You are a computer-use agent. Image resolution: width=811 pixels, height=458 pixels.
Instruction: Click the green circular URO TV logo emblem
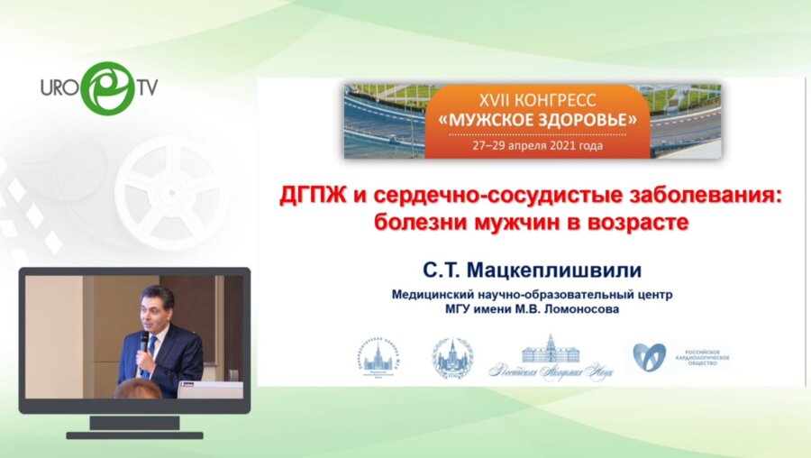(x=107, y=87)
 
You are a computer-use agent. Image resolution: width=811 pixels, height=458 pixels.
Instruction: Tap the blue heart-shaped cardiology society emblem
(x=649, y=357)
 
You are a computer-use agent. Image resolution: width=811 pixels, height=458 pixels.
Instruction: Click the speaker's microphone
(x=143, y=341)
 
